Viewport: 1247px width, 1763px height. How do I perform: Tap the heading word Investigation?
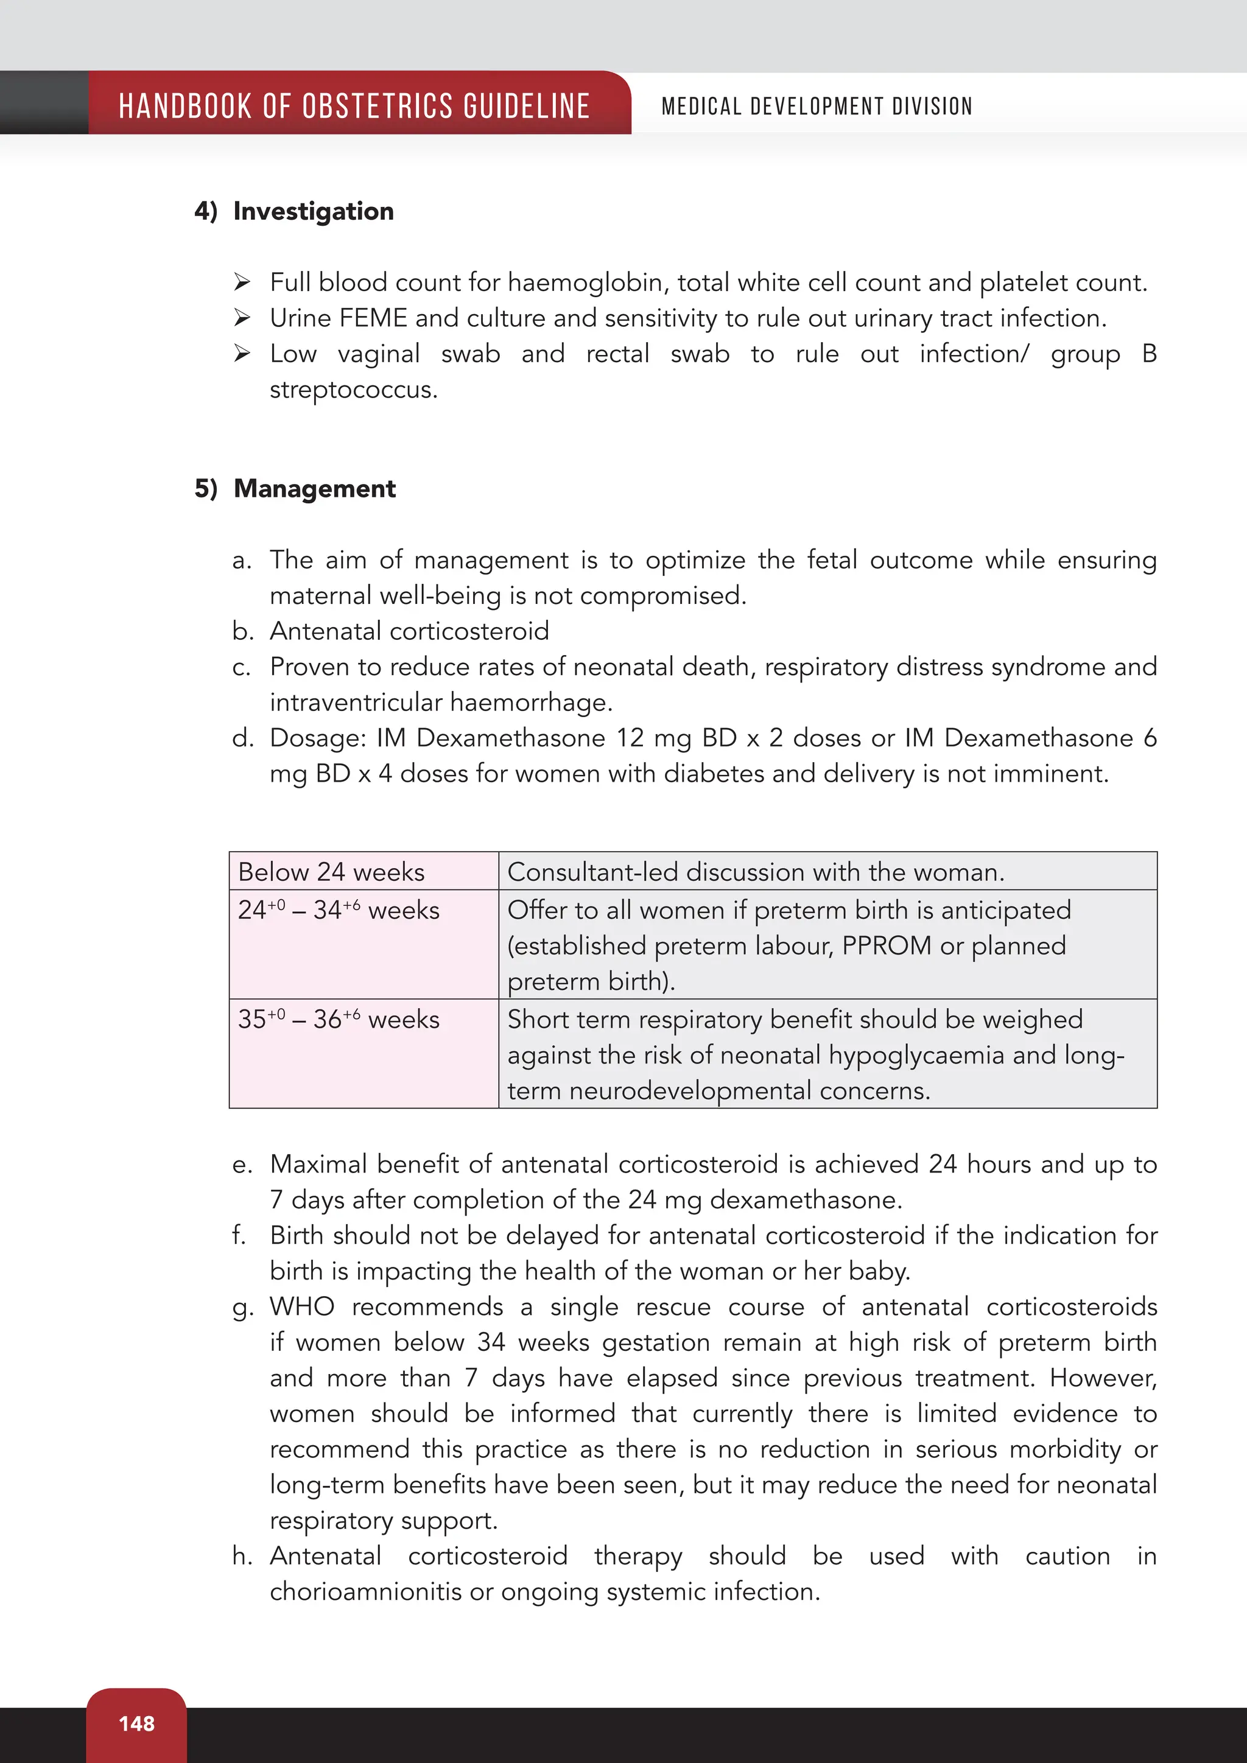click(x=314, y=211)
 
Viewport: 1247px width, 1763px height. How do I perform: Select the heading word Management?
click(x=314, y=488)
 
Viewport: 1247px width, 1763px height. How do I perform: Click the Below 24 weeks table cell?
click(x=331, y=872)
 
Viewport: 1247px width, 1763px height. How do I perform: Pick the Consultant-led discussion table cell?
click(x=756, y=872)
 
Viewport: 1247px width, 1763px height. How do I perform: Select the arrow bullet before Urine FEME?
click(x=242, y=318)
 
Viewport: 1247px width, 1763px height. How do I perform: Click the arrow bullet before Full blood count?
click(x=242, y=282)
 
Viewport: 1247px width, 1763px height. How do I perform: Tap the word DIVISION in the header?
click(x=932, y=106)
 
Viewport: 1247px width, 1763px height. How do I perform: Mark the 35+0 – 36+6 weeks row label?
click(x=339, y=1019)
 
